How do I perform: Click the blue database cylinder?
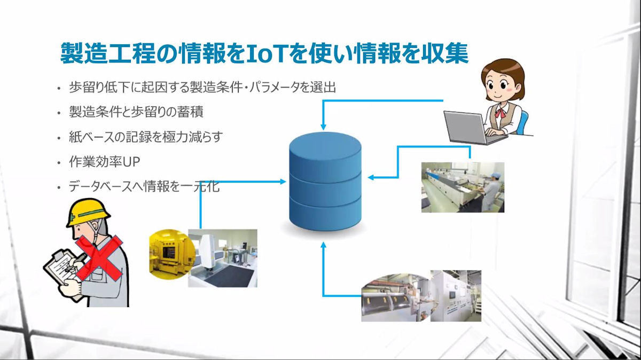pos(325,181)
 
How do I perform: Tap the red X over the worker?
pos(99,258)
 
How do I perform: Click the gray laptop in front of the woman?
pos(472,127)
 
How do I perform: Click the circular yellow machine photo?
pos(171,254)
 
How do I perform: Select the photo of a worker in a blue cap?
pos(463,187)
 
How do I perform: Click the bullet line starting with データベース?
pos(144,186)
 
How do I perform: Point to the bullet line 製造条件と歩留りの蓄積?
pos(136,112)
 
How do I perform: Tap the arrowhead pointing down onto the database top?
pos(323,127)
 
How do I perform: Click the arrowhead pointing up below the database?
pos(323,245)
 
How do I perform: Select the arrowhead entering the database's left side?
pos(283,182)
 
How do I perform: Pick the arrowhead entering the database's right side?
pos(371,177)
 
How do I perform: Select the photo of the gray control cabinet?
pos(456,295)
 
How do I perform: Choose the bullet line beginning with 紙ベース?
pos(146,137)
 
